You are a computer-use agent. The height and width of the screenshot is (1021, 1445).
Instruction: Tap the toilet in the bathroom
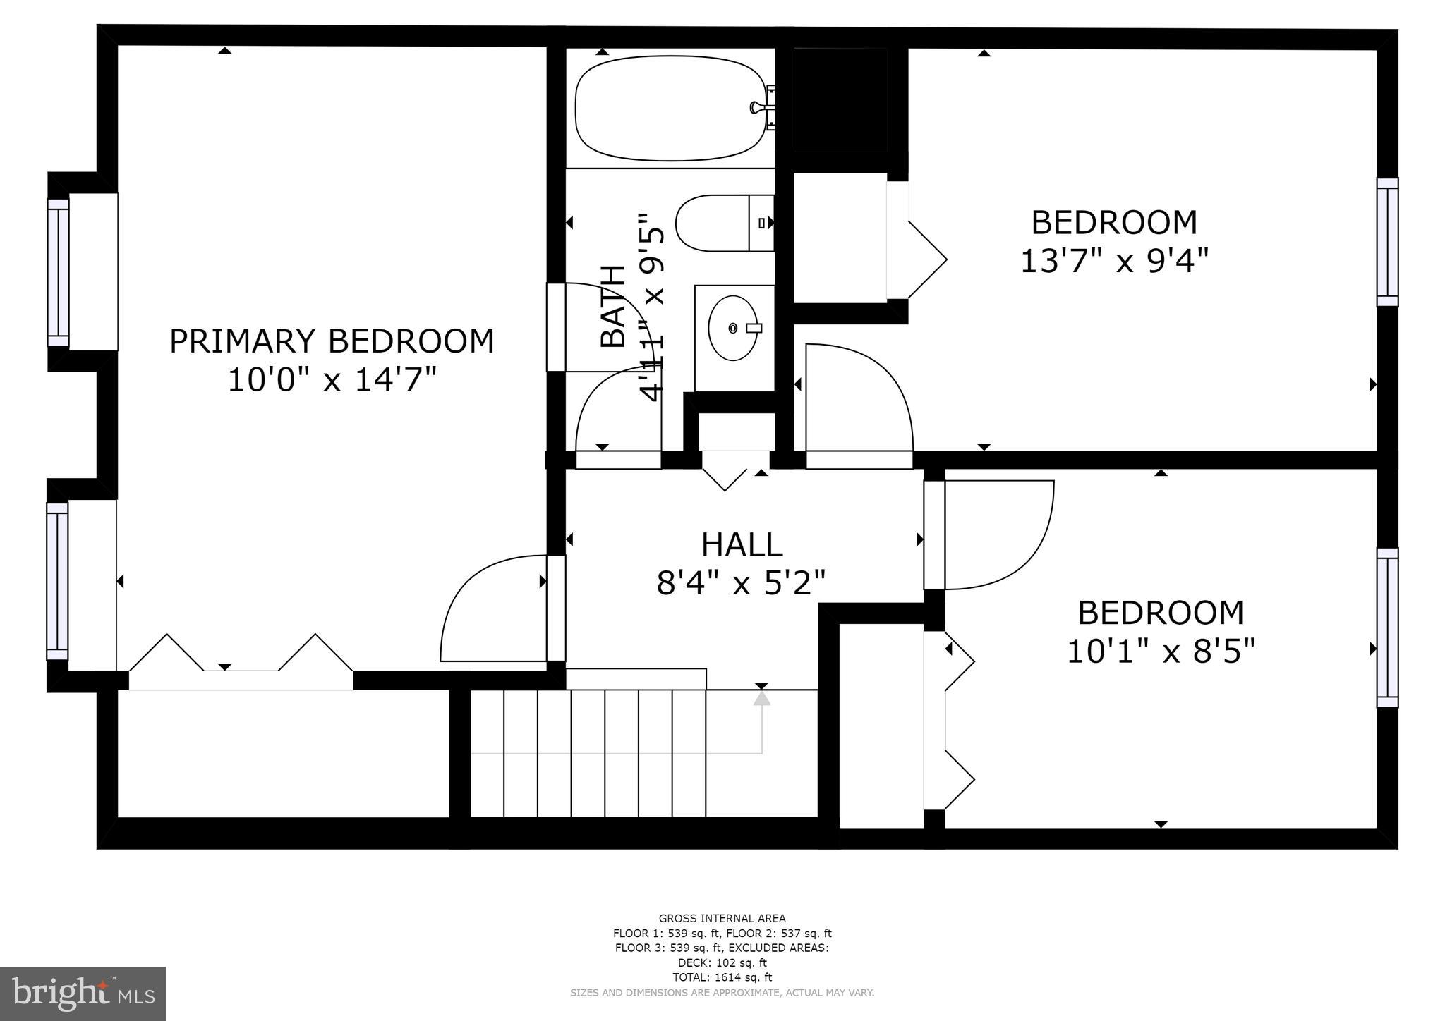(x=723, y=223)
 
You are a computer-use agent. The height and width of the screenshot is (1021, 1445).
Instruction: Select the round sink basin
(x=733, y=328)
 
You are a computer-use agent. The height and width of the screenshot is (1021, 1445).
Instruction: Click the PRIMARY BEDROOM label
(x=332, y=341)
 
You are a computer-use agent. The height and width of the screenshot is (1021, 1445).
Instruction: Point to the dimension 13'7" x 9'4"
(x=1114, y=261)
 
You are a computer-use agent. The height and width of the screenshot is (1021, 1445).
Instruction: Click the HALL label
(x=742, y=544)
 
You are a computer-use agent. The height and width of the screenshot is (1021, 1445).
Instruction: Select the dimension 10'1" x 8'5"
(x=1161, y=651)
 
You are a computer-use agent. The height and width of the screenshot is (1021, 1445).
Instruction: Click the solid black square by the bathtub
(x=840, y=99)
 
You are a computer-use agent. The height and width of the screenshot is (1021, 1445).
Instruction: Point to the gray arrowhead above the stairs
(x=761, y=698)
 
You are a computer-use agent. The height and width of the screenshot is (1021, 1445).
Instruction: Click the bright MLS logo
(x=83, y=994)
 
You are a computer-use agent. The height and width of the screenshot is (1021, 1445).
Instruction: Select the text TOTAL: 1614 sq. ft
(x=722, y=977)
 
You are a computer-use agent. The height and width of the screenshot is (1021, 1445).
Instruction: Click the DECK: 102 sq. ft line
(x=722, y=962)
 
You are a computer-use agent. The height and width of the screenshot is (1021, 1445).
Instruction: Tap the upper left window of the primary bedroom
(x=58, y=272)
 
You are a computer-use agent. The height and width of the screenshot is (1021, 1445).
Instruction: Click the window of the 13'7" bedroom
(x=1387, y=242)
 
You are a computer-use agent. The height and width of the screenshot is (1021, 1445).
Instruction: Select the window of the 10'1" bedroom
(x=1387, y=627)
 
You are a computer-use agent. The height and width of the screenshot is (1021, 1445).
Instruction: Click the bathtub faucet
(x=762, y=108)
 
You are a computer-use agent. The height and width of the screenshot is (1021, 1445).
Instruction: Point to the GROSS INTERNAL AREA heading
(x=722, y=918)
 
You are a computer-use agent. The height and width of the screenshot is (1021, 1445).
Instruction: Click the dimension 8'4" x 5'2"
(x=741, y=583)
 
